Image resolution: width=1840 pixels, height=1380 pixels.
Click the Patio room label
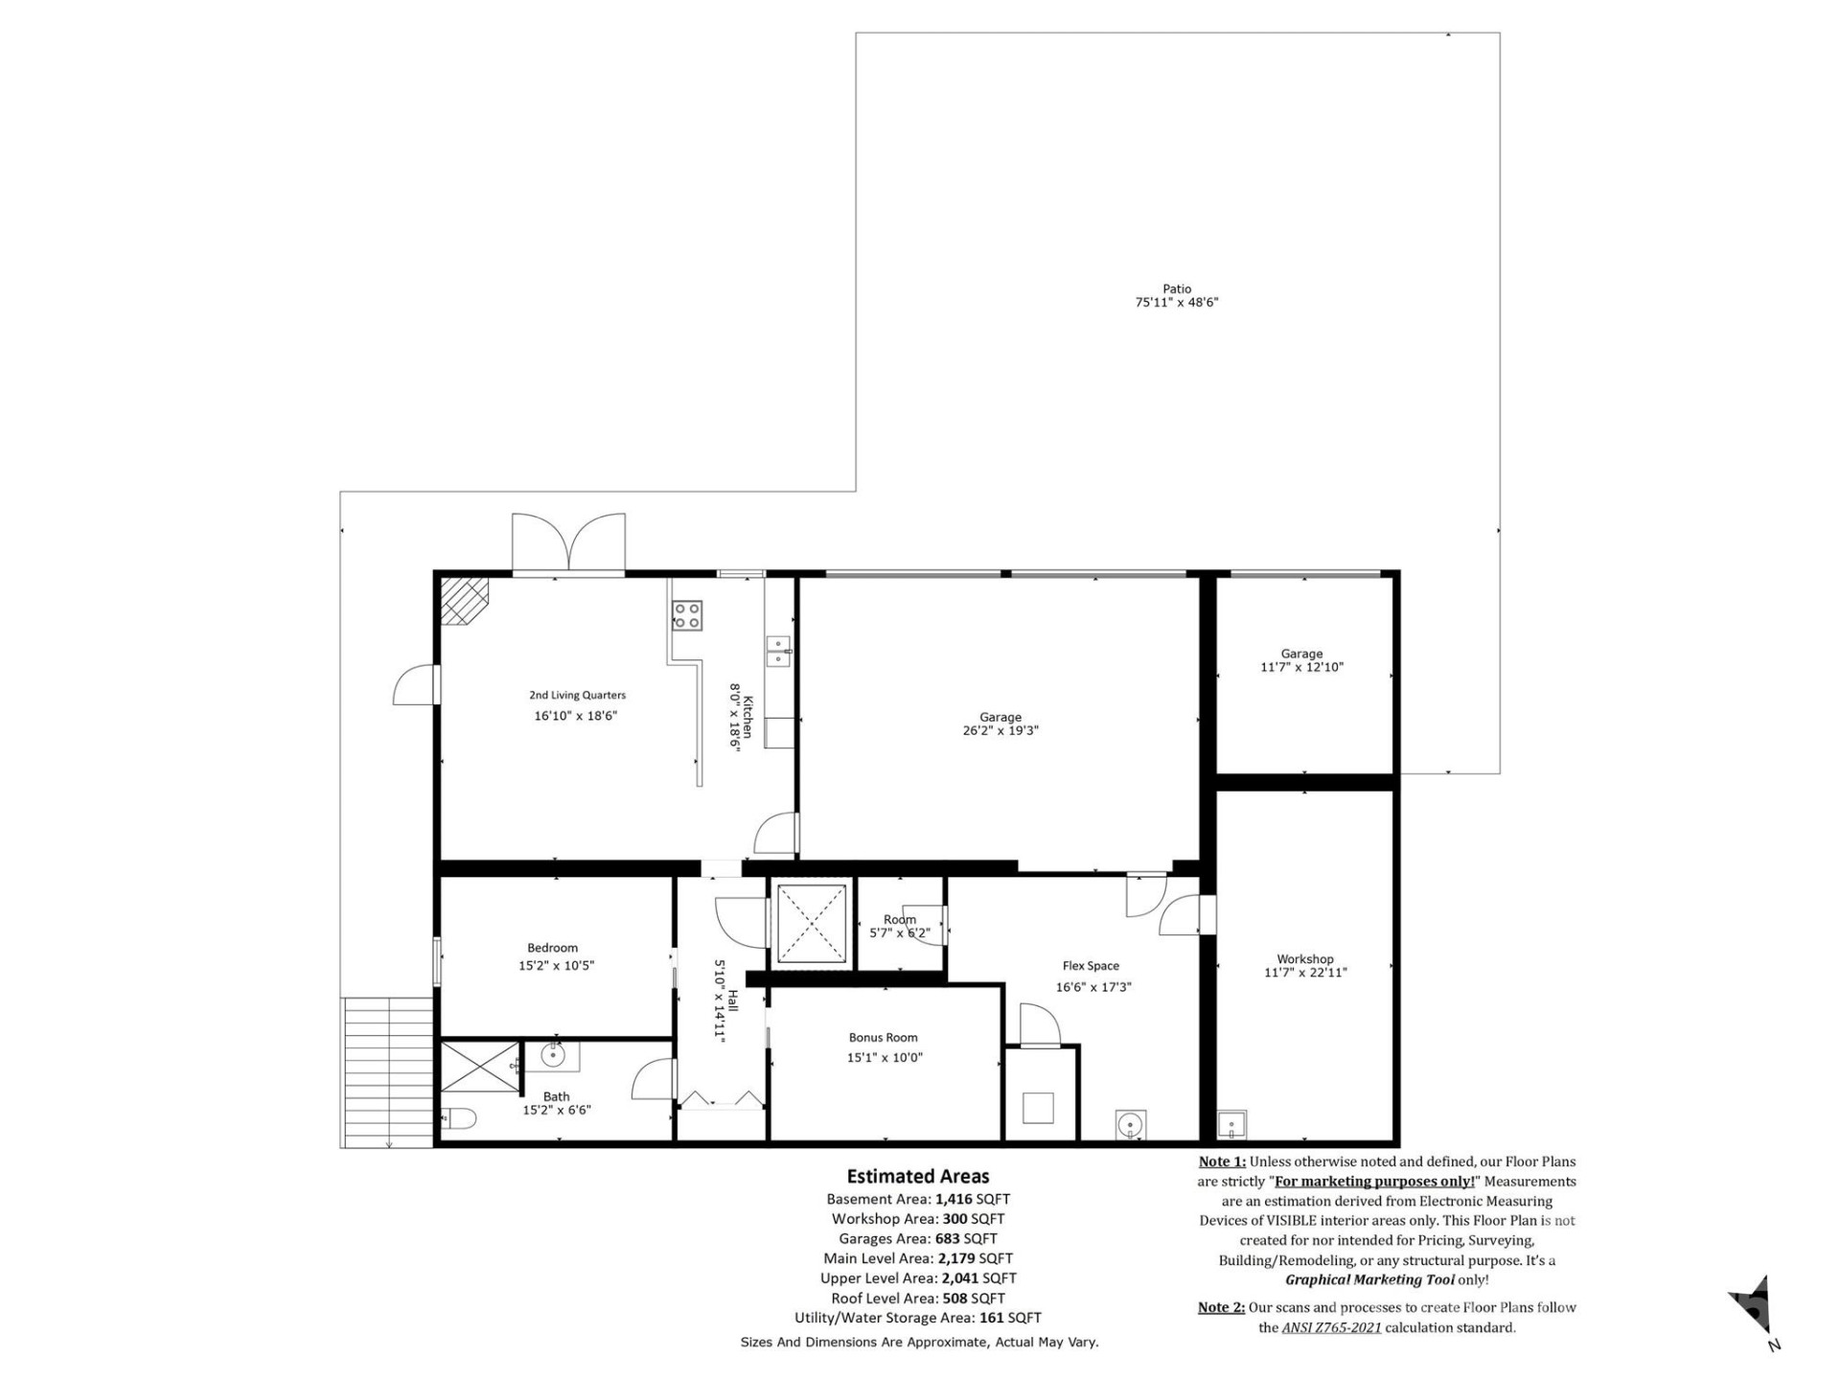pyautogui.click(x=1177, y=288)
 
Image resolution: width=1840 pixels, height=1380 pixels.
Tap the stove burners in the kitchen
pyautogui.click(x=686, y=615)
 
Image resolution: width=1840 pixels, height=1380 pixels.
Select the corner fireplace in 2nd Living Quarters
pyautogui.click(x=463, y=600)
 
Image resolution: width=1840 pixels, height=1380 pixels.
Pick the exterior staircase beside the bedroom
pyautogui.click(x=387, y=1069)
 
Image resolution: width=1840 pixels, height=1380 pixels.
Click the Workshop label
pyautogui.click(x=1304, y=958)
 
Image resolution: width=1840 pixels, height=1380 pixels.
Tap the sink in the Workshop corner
pyautogui.click(x=1230, y=1123)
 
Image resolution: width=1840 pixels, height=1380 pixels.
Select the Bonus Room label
pyautogui.click(x=883, y=1037)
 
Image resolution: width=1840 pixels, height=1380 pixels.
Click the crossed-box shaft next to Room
pyautogui.click(x=812, y=924)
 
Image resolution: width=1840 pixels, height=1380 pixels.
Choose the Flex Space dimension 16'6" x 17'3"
pyautogui.click(x=1093, y=987)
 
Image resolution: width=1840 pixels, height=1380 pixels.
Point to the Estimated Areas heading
pyautogui.click(x=917, y=1176)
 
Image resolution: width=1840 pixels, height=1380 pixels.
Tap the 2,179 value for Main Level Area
pyautogui.click(x=957, y=1258)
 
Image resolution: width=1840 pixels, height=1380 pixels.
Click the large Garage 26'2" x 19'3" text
pyautogui.click(x=1000, y=730)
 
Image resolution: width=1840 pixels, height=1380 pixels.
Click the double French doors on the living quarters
pyautogui.click(x=568, y=543)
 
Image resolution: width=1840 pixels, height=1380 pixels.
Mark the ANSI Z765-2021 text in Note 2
pyautogui.click(x=1331, y=1327)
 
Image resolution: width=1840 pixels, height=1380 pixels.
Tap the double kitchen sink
pyautogui.click(x=778, y=651)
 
